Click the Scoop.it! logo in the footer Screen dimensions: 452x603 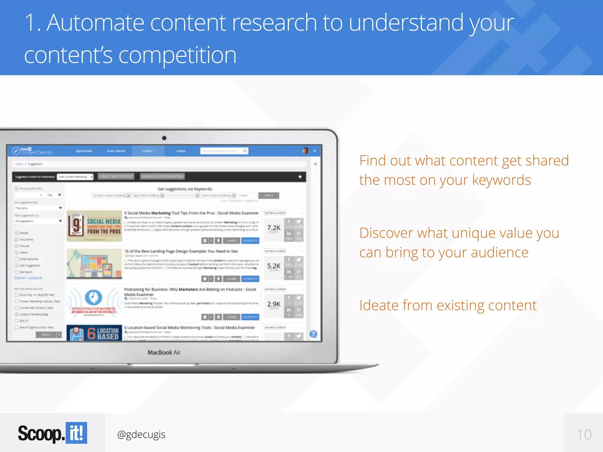click(x=52, y=433)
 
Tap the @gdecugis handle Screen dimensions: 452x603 click(x=141, y=434)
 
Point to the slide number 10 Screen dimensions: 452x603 click(x=584, y=435)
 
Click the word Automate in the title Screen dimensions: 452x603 click(x=95, y=23)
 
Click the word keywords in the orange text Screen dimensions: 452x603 click(x=501, y=180)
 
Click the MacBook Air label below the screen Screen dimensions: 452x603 click(x=164, y=352)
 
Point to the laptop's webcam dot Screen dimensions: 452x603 click(x=164, y=138)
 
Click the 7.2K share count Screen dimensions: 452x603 click(x=274, y=228)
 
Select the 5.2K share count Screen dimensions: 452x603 click(x=274, y=266)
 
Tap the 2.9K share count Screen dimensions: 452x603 click(x=274, y=304)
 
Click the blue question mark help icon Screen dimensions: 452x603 click(x=313, y=334)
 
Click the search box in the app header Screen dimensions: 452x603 click(x=224, y=151)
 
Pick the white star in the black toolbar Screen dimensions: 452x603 click(x=300, y=177)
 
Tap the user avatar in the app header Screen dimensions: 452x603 click(x=306, y=151)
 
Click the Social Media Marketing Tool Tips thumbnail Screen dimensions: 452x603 click(x=94, y=226)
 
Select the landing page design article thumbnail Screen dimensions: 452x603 click(x=94, y=264)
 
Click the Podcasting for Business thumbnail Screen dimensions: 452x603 click(x=94, y=302)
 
